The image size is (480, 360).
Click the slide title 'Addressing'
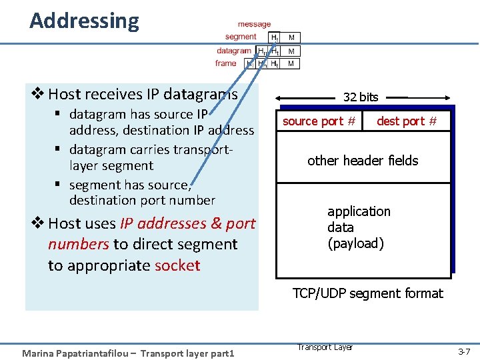[x=85, y=21]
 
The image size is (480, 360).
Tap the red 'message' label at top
[x=254, y=25]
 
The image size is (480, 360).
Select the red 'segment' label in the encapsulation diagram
[x=240, y=37]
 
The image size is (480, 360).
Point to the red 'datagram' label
[x=233, y=50]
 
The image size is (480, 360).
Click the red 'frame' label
[x=225, y=63]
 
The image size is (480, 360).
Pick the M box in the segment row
[x=291, y=37]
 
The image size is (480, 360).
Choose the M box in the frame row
[x=291, y=64]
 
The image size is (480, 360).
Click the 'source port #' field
[x=319, y=121]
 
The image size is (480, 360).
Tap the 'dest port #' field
[x=407, y=121]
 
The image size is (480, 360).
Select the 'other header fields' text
[x=363, y=161]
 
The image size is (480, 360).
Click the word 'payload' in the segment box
[x=355, y=243]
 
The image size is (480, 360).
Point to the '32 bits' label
[x=360, y=97]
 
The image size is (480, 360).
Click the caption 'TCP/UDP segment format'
[x=367, y=293]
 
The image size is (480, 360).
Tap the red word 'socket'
[x=177, y=265]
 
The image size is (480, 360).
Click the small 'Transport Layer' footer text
[x=325, y=347]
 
